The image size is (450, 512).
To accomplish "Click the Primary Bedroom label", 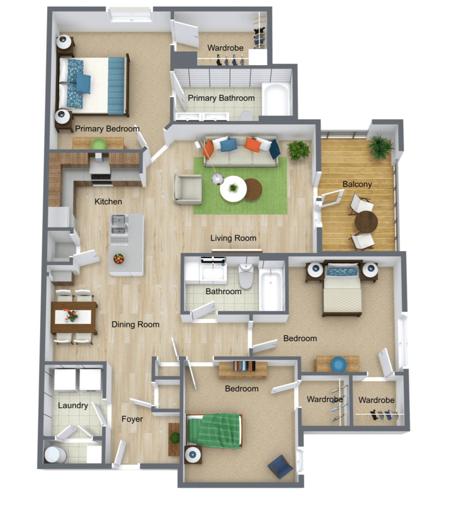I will coord(107,129).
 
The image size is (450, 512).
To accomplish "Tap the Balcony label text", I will coord(357,184).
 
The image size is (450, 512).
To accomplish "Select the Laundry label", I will coord(73,406).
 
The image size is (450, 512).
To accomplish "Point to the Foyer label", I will coord(132,419).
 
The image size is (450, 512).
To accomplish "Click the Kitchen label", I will coord(108,202).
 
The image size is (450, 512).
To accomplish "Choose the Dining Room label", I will coord(135,324).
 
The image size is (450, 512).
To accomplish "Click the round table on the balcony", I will coord(366,222).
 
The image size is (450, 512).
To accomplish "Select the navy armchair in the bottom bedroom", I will coord(281,467).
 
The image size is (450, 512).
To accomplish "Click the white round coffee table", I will coord(233,189).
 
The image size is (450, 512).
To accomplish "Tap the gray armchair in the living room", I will coord(187,189).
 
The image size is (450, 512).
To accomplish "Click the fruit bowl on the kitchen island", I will coord(118,259).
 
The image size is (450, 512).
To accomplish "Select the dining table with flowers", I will coord(74,318).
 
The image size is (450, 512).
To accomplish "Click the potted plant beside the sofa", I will coord(298,150).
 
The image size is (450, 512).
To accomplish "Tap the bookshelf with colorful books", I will coord(243,368).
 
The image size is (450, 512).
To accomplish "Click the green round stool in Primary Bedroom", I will coord(98,144).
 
